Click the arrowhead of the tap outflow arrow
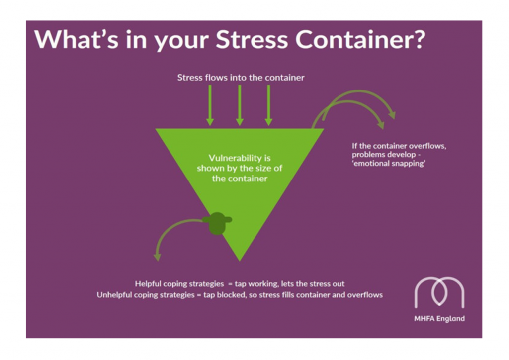click(x=158, y=257)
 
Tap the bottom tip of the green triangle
click(x=240, y=258)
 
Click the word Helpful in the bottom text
click(x=148, y=284)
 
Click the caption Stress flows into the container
click(x=241, y=78)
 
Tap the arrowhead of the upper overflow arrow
click(x=392, y=115)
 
